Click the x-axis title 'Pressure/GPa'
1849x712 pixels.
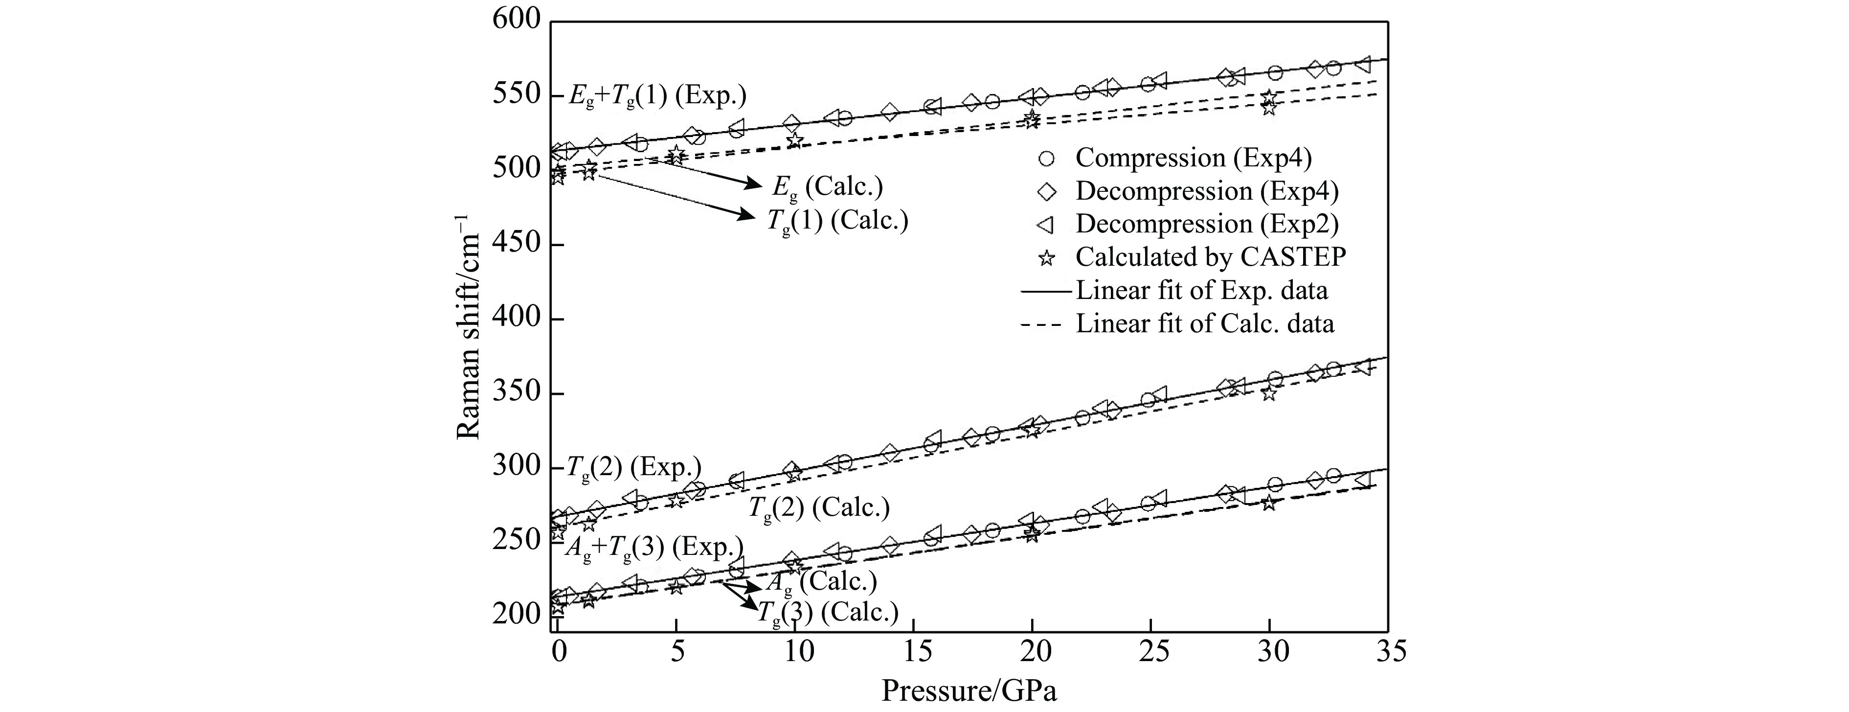click(969, 690)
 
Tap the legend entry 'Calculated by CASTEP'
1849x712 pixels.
click(1210, 257)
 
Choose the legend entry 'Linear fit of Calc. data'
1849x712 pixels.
click(1204, 323)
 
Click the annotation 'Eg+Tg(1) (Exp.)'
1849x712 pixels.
click(657, 95)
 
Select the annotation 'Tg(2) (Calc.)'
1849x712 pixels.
click(819, 508)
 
